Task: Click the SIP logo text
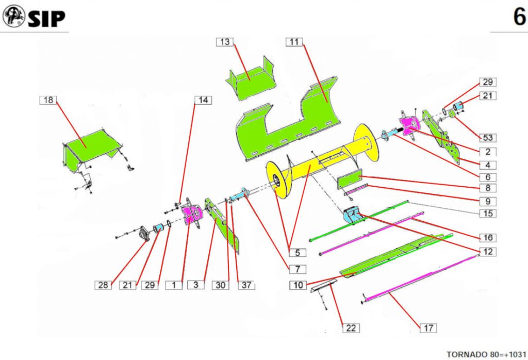click(46, 19)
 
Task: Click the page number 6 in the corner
click(518, 17)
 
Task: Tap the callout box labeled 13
click(225, 42)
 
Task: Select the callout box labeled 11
click(294, 42)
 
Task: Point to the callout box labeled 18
click(48, 100)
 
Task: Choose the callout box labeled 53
click(487, 138)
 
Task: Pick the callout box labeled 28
click(104, 285)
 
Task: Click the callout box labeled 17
click(428, 328)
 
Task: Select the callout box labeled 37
click(246, 285)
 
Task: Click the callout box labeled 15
click(487, 213)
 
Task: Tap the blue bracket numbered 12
click(355, 214)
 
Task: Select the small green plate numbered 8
click(350, 179)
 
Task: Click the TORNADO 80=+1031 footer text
click(486, 354)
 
